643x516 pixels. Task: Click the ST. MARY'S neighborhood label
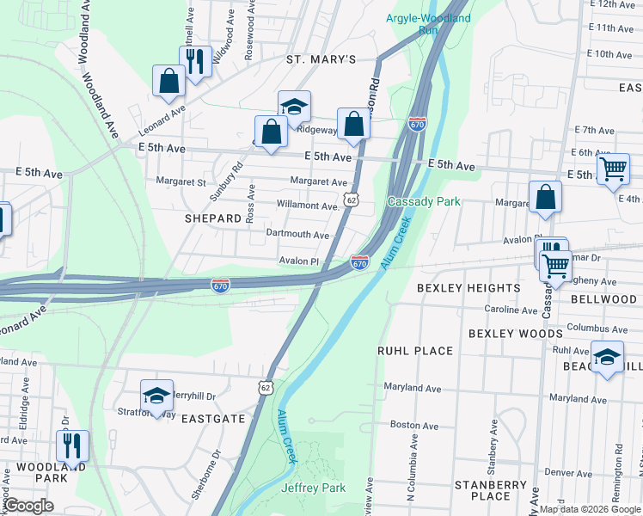(x=321, y=59)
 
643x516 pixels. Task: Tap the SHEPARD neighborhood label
(x=213, y=218)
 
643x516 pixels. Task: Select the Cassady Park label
(x=424, y=201)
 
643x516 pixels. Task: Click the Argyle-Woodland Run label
(x=416, y=23)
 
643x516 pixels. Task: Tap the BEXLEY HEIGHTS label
(x=468, y=288)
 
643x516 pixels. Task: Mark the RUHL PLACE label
(x=415, y=351)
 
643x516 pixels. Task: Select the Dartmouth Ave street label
(x=297, y=235)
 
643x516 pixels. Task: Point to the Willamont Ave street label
(x=308, y=206)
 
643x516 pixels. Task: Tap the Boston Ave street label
(x=409, y=425)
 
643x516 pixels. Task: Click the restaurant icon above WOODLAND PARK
(x=71, y=445)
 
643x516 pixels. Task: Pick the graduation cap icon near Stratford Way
(x=156, y=395)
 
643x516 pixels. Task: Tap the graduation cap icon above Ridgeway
(x=294, y=106)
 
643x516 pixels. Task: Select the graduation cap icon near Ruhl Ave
(x=607, y=357)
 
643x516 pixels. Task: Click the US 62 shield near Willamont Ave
(x=351, y=199)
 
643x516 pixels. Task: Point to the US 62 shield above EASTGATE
(x=266, y=388)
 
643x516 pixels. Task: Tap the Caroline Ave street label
(x=511, y=310)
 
